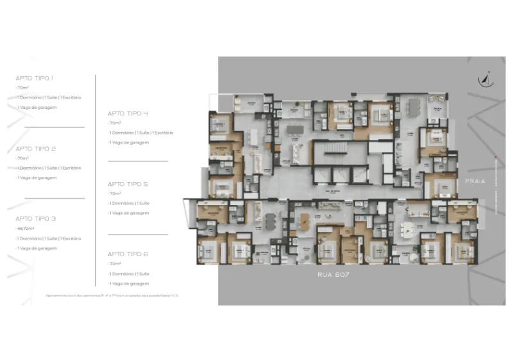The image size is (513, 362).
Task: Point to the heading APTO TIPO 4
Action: coord(128,113)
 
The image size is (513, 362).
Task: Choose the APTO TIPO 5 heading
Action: coord(128,184)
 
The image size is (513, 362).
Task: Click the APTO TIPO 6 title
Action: coord(128,254)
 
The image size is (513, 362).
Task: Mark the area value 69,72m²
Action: coord(25,228)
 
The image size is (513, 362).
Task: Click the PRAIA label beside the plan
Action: coord(476,181)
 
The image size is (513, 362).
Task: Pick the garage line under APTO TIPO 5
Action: coord(129,213)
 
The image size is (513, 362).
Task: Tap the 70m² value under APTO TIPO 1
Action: coord(23,88)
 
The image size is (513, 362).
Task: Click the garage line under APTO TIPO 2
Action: coord(37,177)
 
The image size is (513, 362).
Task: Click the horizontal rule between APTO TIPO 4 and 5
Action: coord(137,161)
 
